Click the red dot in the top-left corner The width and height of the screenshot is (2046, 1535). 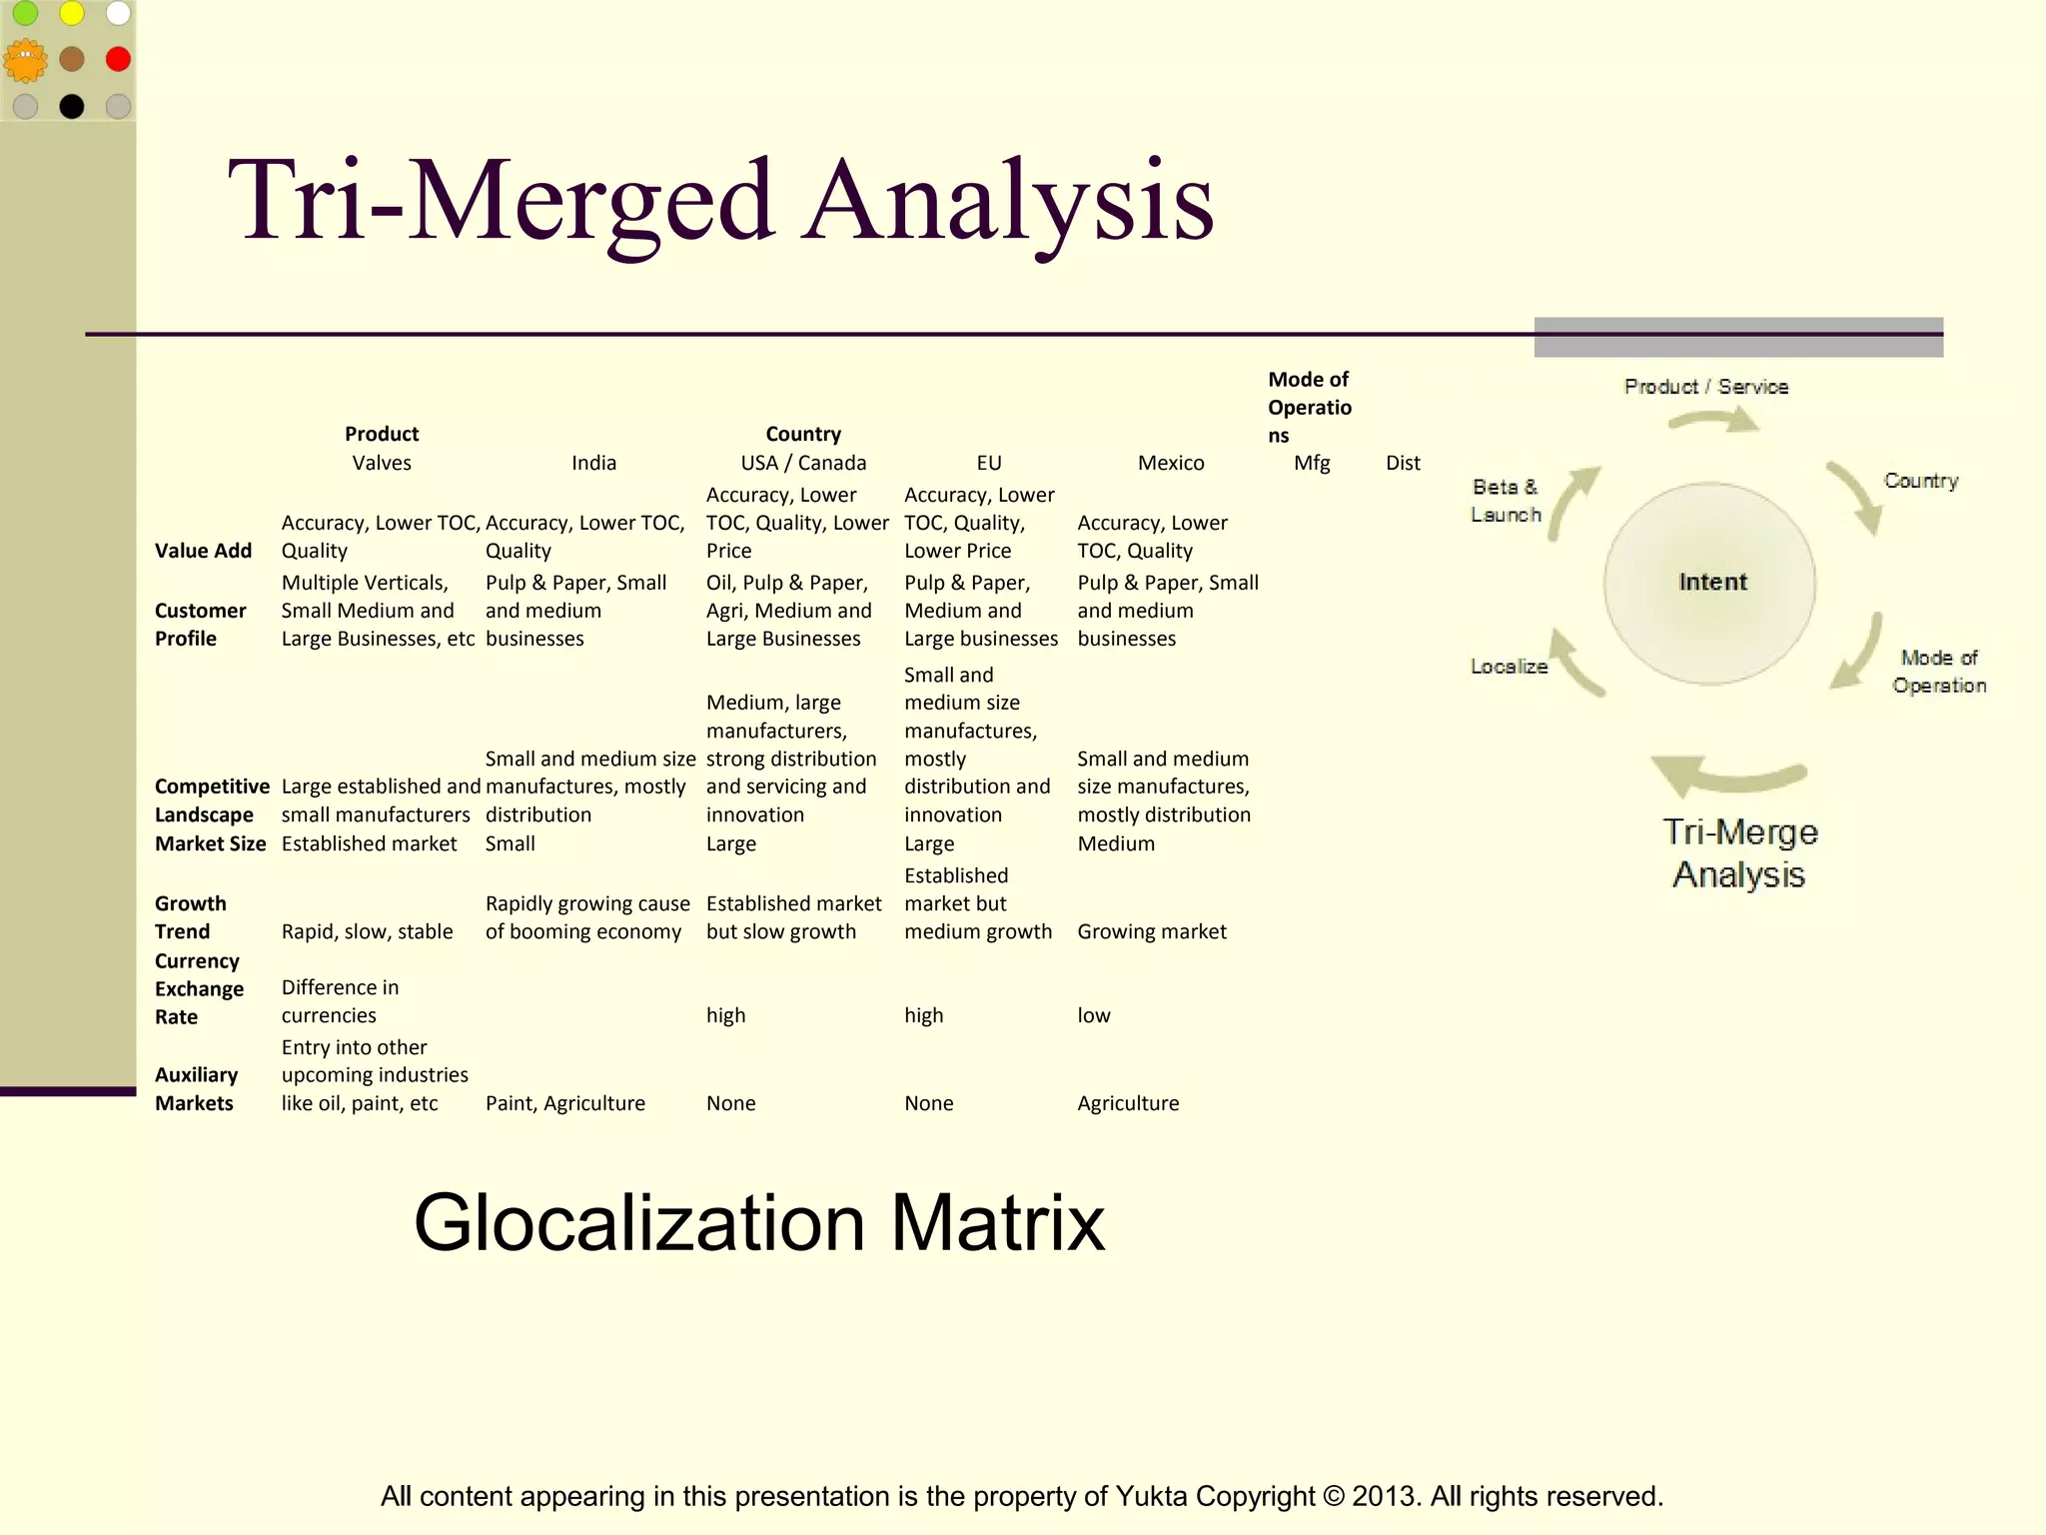coord(118,59)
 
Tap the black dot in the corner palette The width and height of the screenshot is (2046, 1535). coord(72,106)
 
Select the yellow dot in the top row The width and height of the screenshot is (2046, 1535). coord(72,13)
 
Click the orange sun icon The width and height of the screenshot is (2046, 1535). coord(25,61)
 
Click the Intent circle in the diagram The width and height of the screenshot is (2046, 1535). coord(1710,583)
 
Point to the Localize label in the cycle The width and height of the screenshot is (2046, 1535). coord(1509,667)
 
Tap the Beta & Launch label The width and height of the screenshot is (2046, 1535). coord(1506,501)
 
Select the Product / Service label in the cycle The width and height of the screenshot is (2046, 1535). coord(1705,387)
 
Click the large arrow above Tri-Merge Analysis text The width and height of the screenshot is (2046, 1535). coord(1727,774)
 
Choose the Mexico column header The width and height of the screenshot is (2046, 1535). coord(1171,463)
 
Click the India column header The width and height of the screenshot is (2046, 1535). coord(593,463)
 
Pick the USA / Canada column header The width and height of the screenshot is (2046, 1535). coord(803,463)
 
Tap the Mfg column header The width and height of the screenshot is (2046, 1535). coord(1312,463)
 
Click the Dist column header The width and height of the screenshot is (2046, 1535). coord(1403,463)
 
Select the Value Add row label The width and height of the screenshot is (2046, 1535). coord(203,551)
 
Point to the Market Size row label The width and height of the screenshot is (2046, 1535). coord(210,843)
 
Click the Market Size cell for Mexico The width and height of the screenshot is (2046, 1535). coord(1116,843)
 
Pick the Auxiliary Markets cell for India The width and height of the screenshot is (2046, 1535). coord(564,1103)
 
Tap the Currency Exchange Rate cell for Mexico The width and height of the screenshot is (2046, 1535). coord(1094,1015)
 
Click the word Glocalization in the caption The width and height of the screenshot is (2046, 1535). coord(639,1222)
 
